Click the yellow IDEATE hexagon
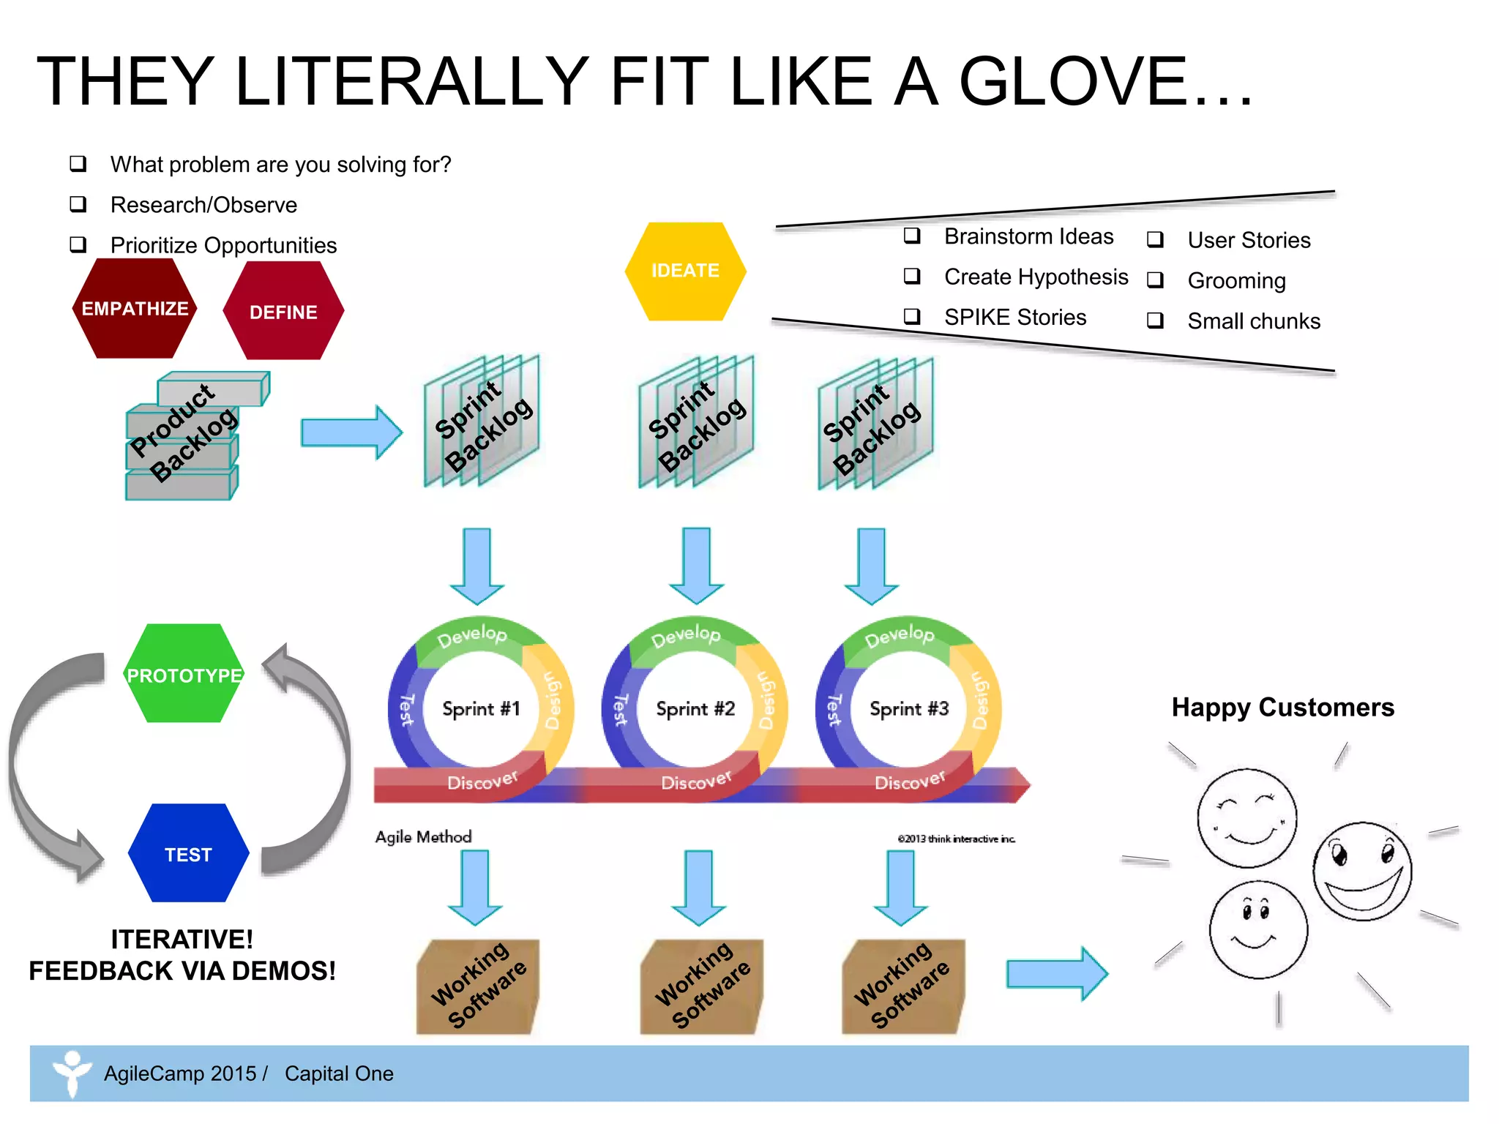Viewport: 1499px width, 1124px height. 685,271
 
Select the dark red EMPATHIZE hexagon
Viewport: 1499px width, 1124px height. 135,308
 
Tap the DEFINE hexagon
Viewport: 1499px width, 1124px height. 283,312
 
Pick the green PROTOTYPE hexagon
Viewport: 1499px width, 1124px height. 184,674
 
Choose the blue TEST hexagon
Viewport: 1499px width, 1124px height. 188,854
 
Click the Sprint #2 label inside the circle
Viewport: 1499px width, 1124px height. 695,708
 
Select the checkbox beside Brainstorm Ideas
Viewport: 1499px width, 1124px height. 912,236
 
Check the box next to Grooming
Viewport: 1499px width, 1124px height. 1155,280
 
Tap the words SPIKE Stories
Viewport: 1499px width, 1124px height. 1014,318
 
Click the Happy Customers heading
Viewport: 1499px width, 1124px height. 1282,708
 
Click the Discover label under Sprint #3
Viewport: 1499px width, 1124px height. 910,782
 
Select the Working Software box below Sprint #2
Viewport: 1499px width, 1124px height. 701,986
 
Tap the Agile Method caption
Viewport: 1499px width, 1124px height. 423,837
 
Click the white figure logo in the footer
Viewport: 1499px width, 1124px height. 72,1073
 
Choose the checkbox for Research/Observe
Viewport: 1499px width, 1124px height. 78,204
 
